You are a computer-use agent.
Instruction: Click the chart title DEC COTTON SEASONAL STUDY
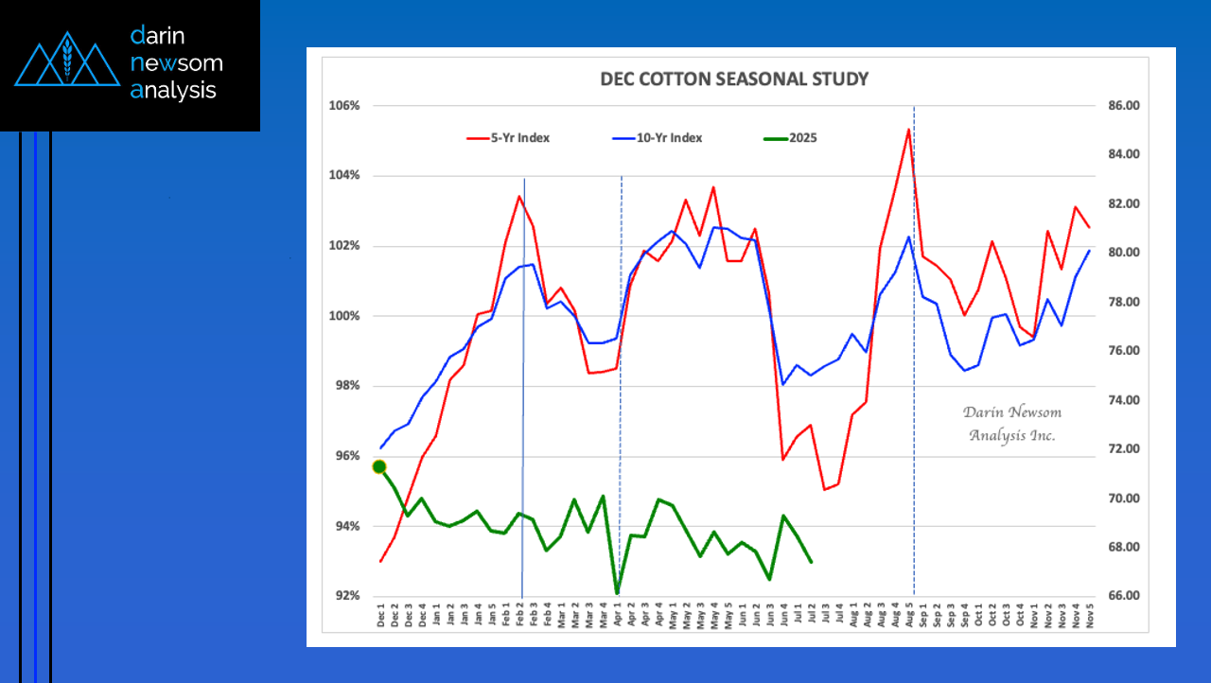[x=734, y=79]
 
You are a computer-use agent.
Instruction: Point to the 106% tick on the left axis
[x=344, y=105]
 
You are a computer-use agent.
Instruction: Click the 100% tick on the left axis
[x=344, y=316]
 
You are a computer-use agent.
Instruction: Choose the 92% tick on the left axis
[x=346, y=596]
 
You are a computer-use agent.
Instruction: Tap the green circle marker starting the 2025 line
[x=379, y=466]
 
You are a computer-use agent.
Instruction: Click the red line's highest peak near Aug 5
[x=908, y=129]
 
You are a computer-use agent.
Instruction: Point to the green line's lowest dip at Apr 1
[x=617, y=593]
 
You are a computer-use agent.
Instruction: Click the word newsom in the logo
[x=177, y=63]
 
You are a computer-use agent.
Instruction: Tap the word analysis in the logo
[x=174, y=91]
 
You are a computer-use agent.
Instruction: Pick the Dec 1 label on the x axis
[x=381, y=618]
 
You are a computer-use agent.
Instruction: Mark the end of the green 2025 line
[x=811, y=562]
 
